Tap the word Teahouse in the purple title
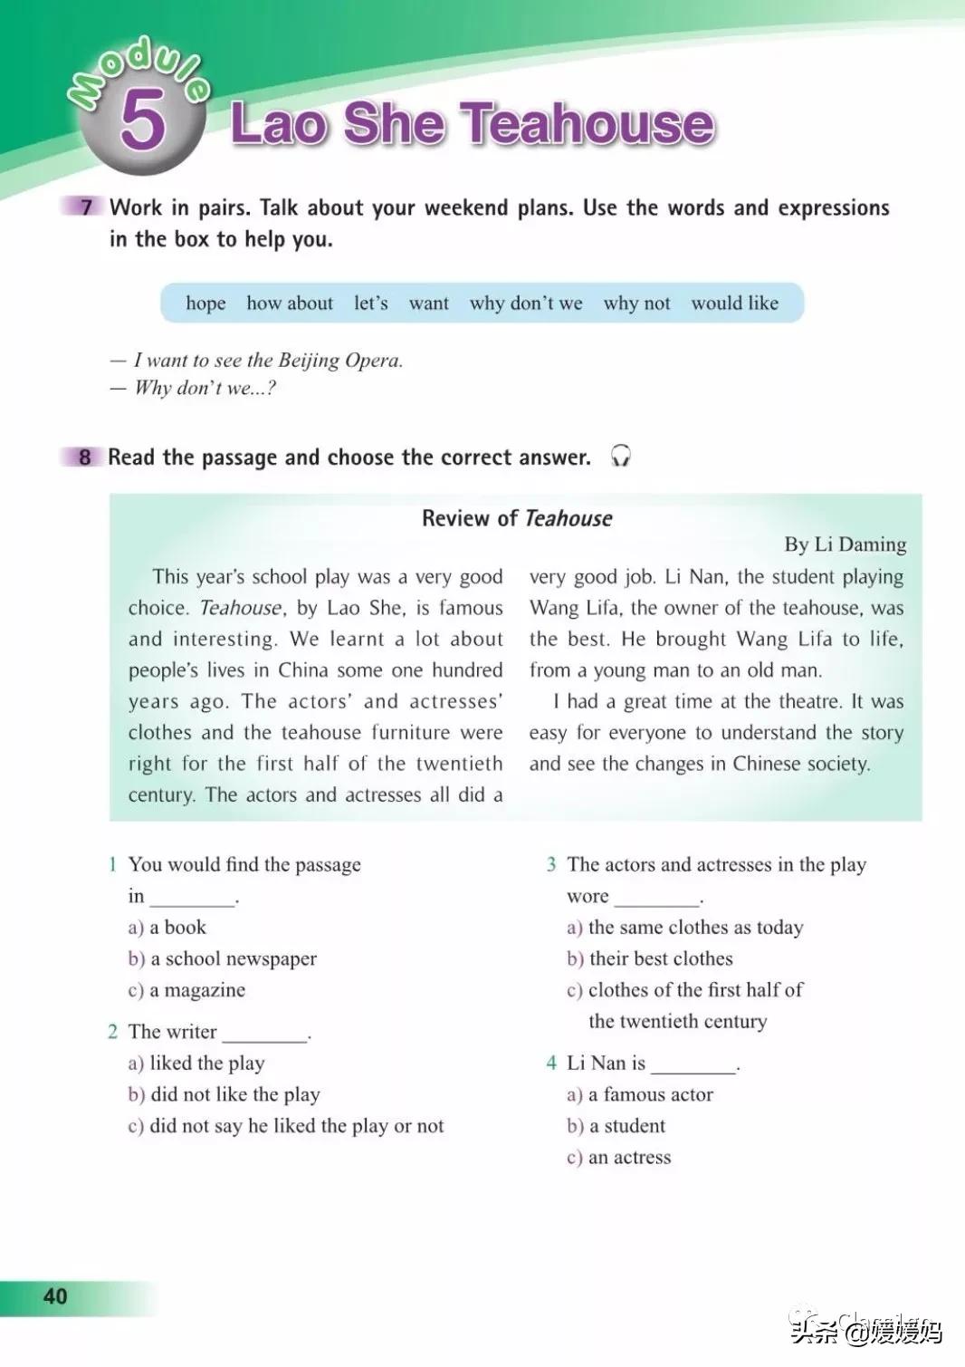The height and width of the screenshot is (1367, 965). click(x=589, y=124)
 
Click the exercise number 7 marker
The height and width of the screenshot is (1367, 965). click(x=85, y=207)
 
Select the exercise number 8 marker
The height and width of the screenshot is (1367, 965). click(x=84, y=457)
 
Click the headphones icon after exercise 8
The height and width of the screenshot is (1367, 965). click(x=620, y=456)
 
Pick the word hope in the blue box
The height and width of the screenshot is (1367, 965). click(x=205, y=303)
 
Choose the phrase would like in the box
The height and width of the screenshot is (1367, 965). click(x=734, y=303)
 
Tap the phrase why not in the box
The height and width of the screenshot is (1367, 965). click(x=636, y=303)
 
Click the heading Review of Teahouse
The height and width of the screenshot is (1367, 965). click(x=516, y=518)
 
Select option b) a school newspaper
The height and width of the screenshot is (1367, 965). click(x=223, y=958)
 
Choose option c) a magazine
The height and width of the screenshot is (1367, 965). click(x=186, y=990)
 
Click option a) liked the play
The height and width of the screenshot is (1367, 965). click(x=196, y=1063)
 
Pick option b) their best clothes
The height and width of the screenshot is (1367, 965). click(x=650, y=958)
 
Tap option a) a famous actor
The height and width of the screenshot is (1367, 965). click(x=640, y=1094)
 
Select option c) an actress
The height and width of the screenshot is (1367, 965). click(x=619, y=1157)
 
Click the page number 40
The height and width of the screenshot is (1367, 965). click(x=55, y=1296)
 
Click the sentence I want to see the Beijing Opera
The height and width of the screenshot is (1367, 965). click(x=268, y=361)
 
